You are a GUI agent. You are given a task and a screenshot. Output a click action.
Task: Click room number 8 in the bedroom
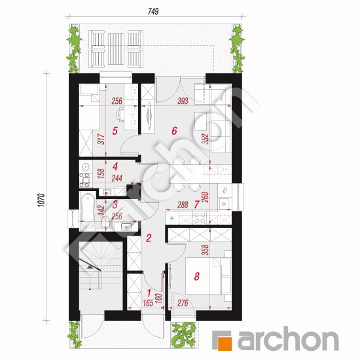tap(196, 277)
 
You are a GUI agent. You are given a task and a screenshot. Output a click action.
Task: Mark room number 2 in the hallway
tap(149, 239)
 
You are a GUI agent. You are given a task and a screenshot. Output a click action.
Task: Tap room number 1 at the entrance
tap(149, 292)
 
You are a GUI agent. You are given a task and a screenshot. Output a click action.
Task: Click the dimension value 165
tap(147, 303)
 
